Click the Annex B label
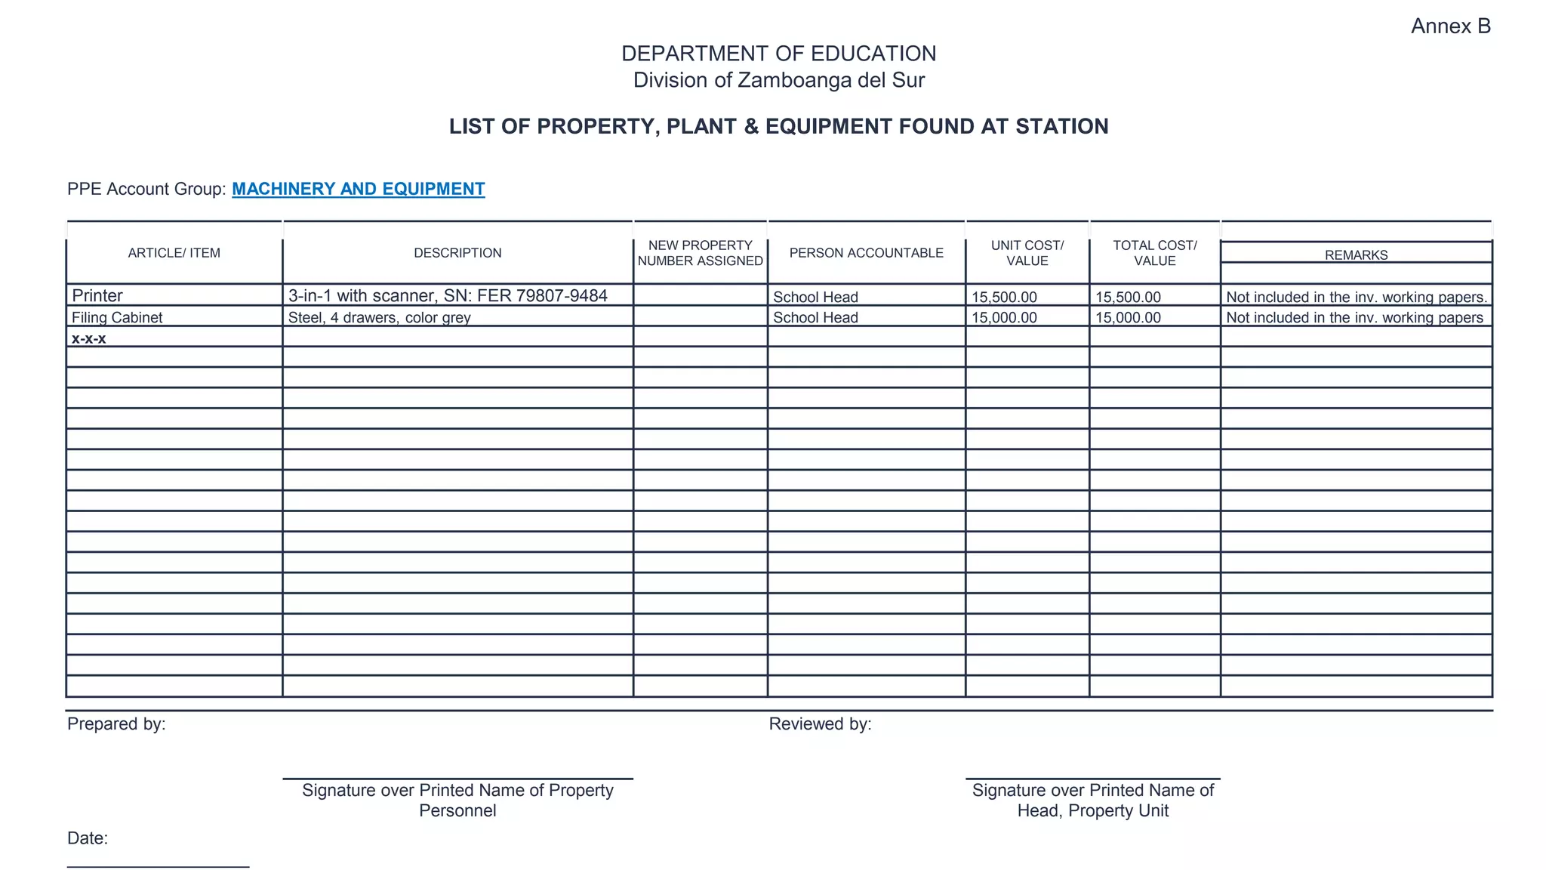coord(1450,26)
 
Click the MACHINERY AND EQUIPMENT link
coord(358,189)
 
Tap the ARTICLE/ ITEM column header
coord(174,253)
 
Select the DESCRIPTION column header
coord(457,253)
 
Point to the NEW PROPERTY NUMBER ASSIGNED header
coord(700,253)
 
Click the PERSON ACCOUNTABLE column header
coord(866,253)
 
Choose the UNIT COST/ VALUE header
coord(1027,253)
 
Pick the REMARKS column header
coord(1356,255)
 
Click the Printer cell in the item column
coord(97,295)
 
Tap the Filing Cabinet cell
coord(117,317)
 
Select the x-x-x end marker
coord(88,338)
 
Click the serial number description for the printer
coord(448,295)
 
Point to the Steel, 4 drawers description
coord(379,317)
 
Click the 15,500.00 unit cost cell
coord(1004,297)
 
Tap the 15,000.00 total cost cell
coord(1128,317)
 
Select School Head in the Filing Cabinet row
coord(815,317)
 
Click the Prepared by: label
coord(116,723)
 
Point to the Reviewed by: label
coord(820,723)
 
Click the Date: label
coord(88,838)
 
